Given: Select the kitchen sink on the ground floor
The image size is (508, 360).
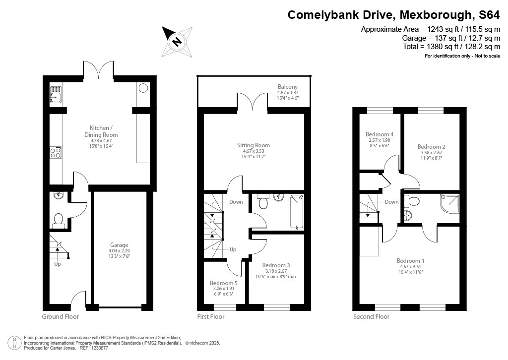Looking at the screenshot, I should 56,94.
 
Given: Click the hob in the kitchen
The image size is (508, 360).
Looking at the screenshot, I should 55,153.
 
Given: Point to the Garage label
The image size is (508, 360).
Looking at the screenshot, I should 119,245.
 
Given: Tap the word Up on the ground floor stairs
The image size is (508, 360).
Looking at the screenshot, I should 58,264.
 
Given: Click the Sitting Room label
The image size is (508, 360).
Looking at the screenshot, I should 253,145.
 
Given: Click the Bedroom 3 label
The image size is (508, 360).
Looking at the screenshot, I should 276,265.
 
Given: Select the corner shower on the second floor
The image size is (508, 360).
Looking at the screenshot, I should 449,203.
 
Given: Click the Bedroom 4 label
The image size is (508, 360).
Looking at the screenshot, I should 380,134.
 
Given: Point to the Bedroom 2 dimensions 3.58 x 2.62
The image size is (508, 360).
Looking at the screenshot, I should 431,153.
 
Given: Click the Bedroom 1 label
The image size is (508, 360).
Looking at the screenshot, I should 410,261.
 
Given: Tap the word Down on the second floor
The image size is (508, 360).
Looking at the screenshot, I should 391,202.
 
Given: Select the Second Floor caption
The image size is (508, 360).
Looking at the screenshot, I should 371,316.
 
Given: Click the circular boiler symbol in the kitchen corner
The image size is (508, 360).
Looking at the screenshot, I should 143,88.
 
